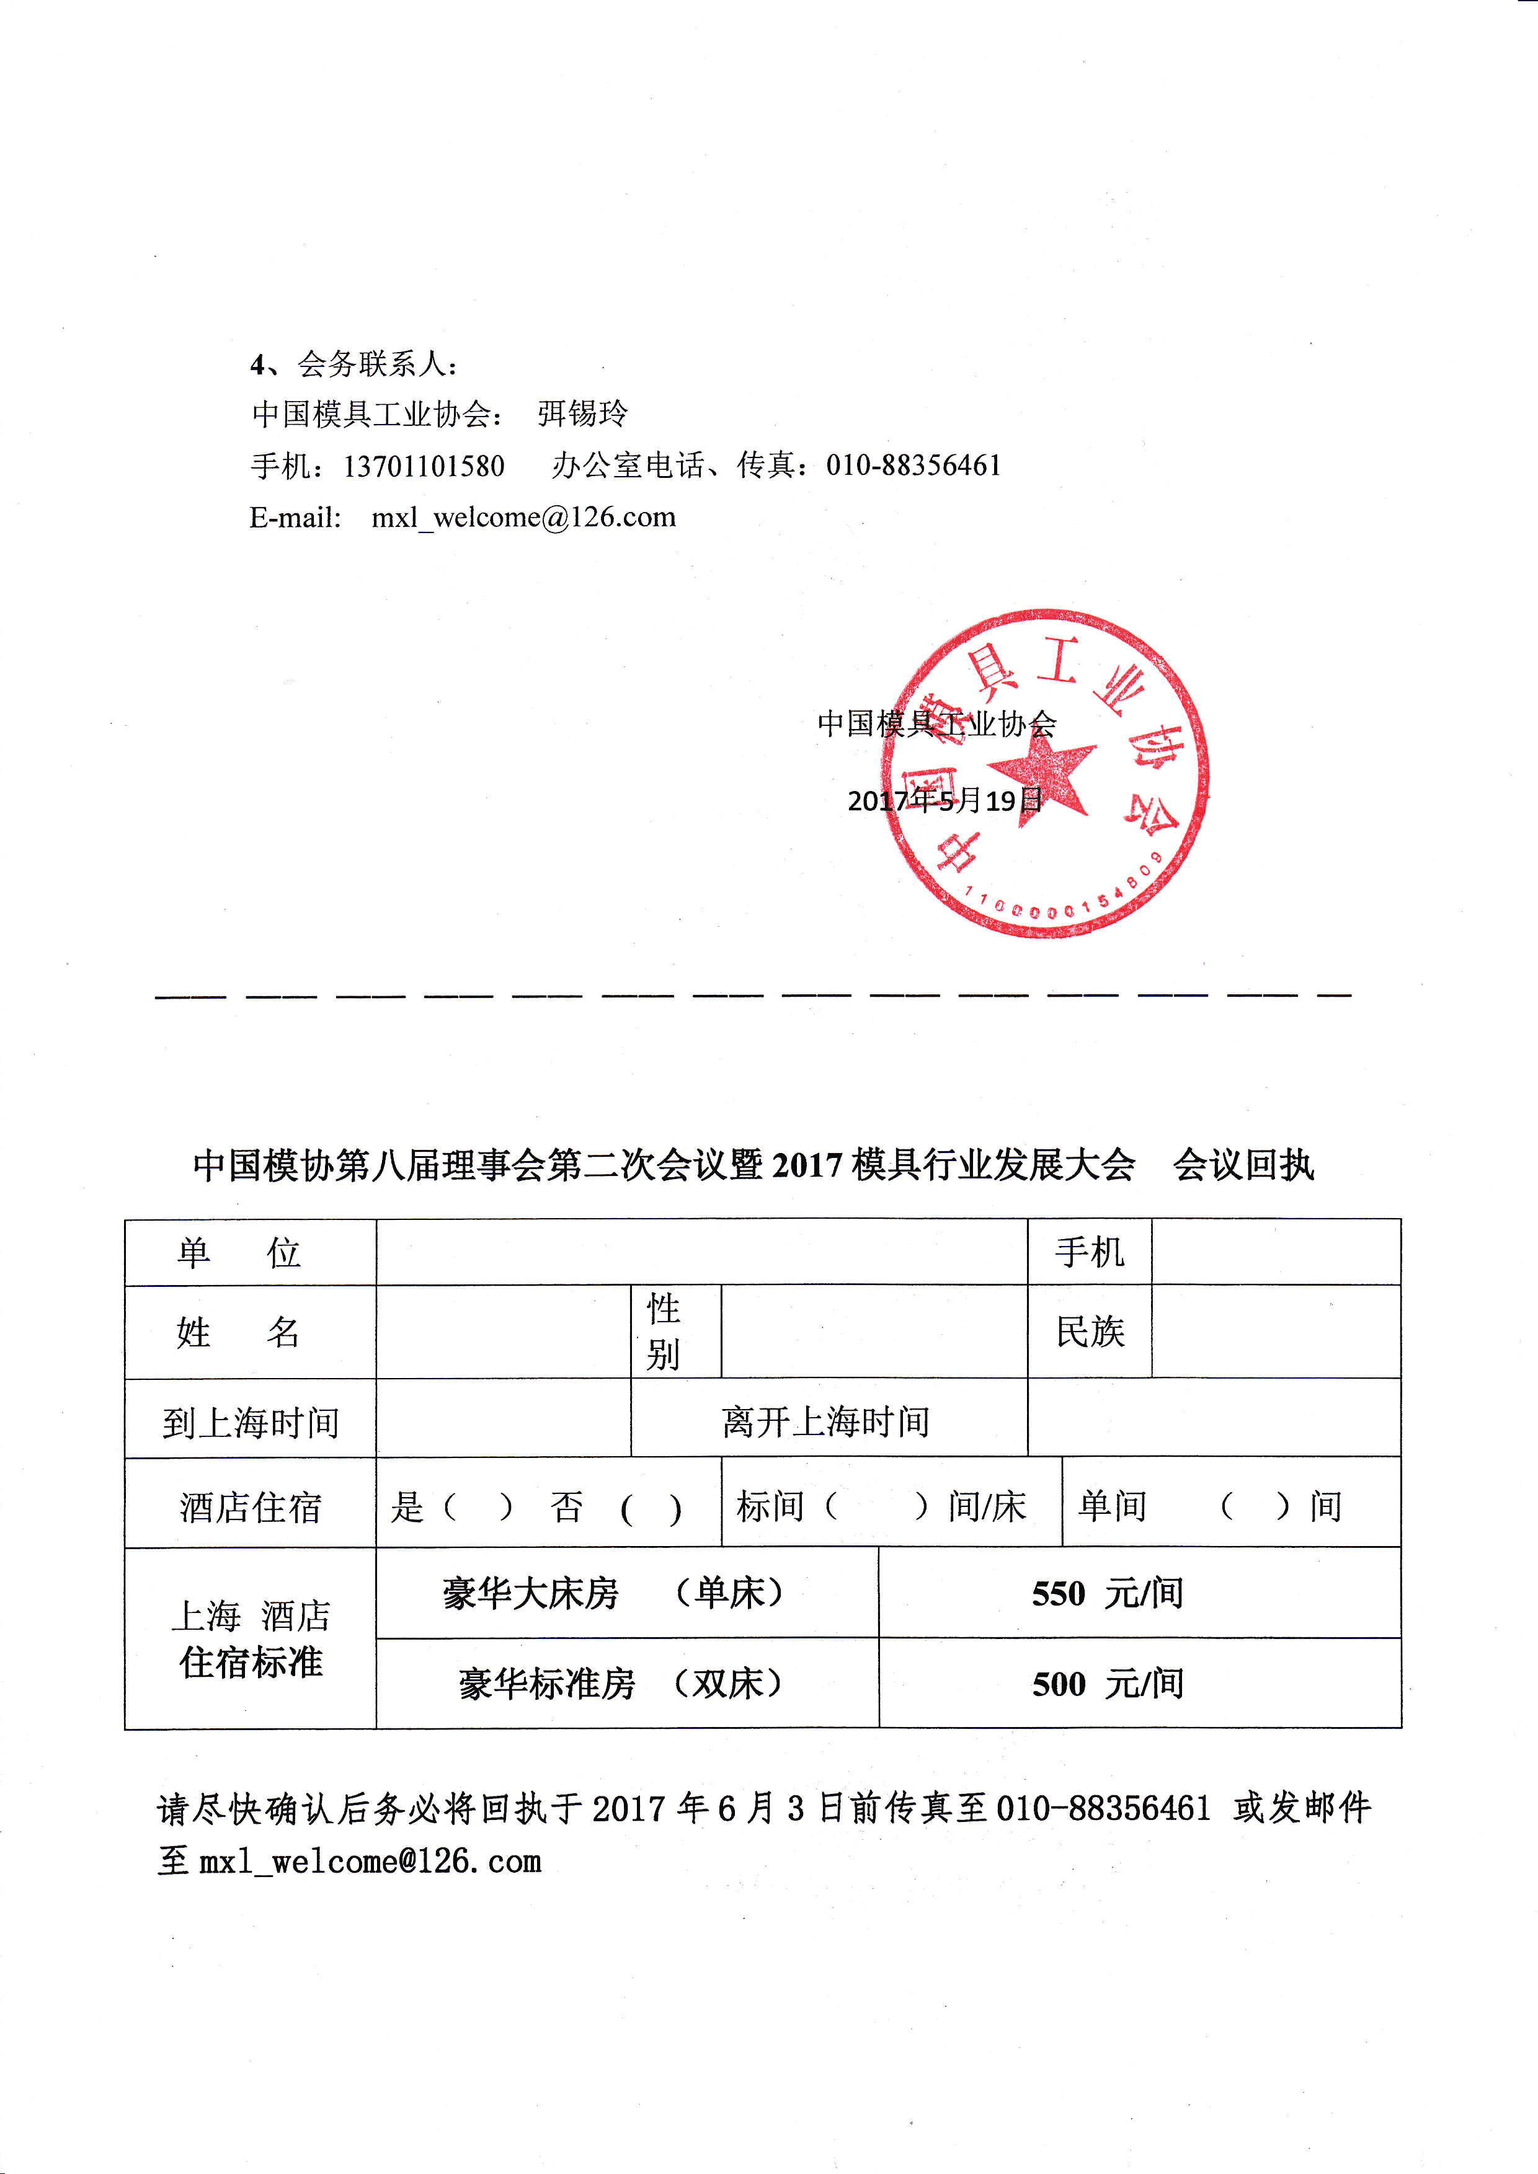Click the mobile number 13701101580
coord(424,466)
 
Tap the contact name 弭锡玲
coord(582,413)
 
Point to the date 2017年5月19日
coord(945,801)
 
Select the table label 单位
coord(239,1253)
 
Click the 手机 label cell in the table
coord(1089,1253)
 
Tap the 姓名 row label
coord(239,1332)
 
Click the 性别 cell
coord(664,1332)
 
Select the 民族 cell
coord(1089,1332)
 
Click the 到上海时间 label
coord(250,1422)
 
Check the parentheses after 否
coord(651,1508)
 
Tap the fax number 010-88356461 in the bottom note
coord(1103,1808)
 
